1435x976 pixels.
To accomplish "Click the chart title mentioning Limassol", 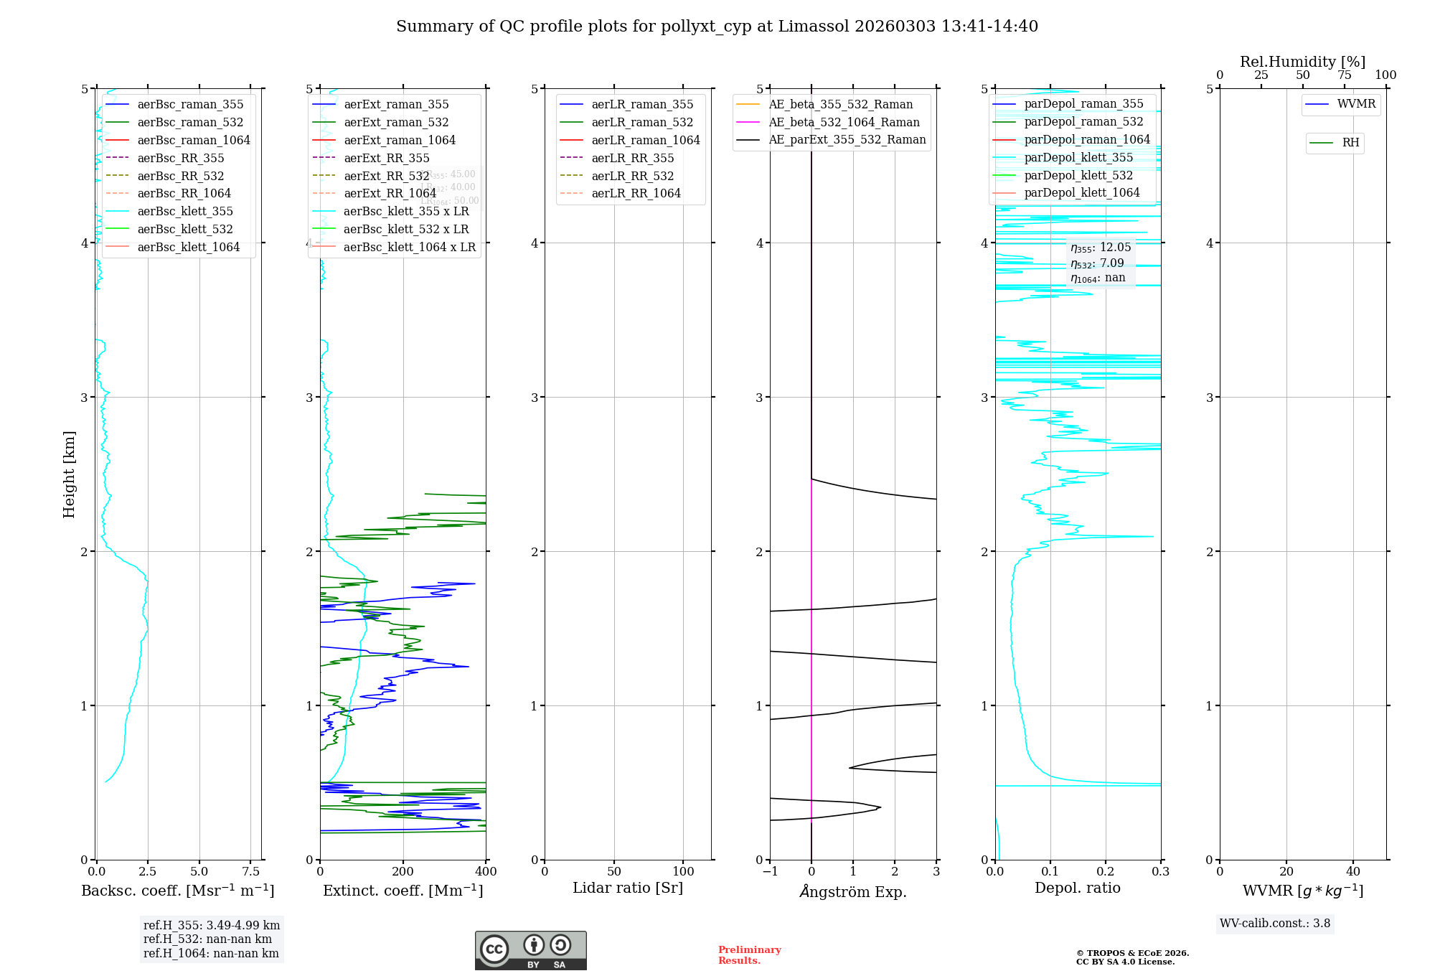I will tap(717, 27).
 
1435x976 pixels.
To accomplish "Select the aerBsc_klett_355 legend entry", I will tap(184, 211).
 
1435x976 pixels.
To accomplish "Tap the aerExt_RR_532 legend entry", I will tap(386, 176).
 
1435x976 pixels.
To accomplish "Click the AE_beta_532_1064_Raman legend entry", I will tap(844, 122).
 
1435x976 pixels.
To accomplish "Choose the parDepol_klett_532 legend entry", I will tap(1078, 175).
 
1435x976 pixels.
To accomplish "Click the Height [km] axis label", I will tap(69, 474).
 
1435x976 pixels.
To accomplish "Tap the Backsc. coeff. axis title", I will tap(178, 891).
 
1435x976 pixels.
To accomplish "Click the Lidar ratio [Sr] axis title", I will tap(628, 888).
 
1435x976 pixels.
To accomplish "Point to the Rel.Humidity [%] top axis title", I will tap(1302, 62).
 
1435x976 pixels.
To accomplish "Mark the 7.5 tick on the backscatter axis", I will tap(251, 871).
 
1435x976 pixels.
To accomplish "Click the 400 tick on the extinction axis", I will tap(486, 871).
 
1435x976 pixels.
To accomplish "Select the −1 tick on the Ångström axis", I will tap(770, 871).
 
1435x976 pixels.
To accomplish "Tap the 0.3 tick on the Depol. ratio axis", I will tap(1160, 871).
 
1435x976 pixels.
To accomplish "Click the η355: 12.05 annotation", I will tap(1101, 248).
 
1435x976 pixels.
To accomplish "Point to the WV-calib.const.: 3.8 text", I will tap(1275, 924).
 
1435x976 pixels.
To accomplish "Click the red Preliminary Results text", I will tap(749, 955).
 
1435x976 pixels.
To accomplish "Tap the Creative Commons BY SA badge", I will tap(530, 950).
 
